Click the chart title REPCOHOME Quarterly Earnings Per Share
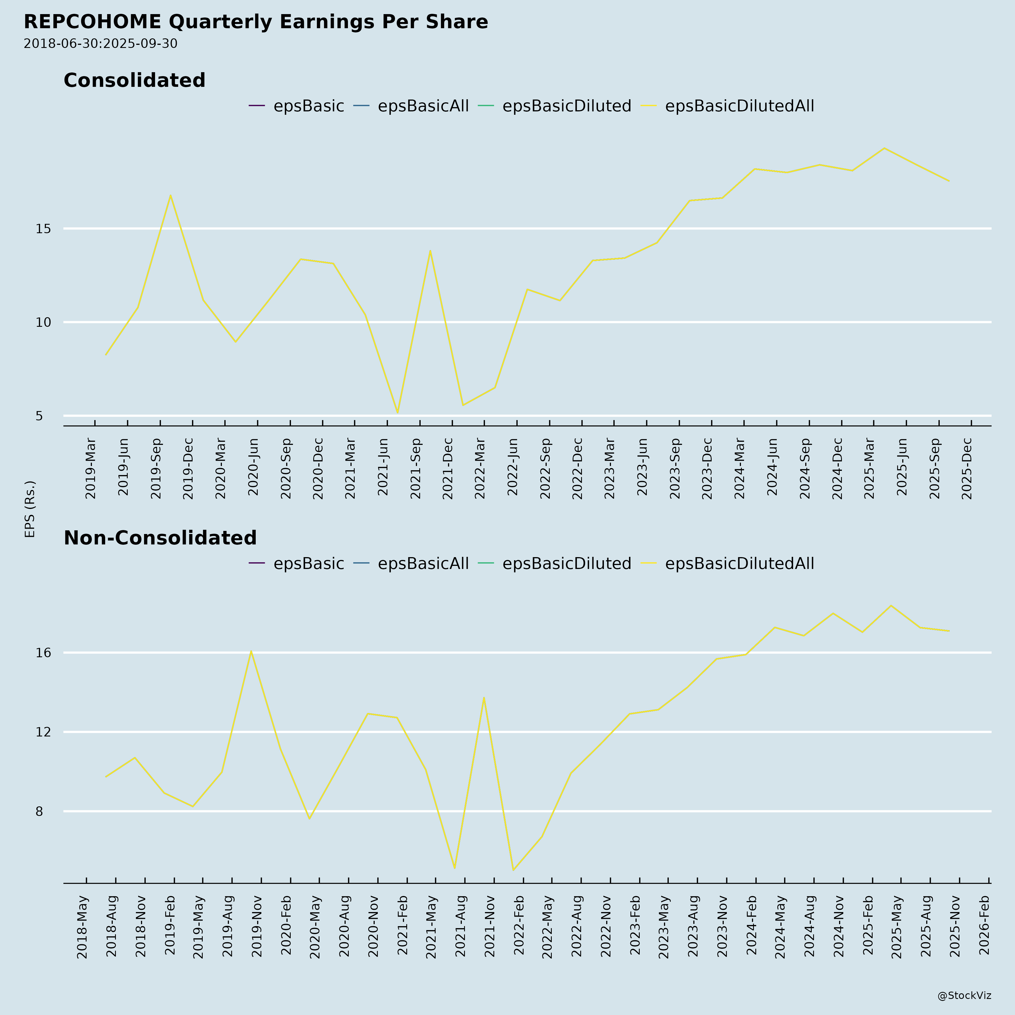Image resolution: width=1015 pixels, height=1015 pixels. click(x=256, y=22)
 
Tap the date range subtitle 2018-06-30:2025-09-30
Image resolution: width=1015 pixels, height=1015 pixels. click(x=100, y=44)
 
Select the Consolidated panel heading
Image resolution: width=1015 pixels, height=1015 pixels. click(x=134, y=80)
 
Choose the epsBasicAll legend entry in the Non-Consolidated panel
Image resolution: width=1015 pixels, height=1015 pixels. click(x=423, y=564)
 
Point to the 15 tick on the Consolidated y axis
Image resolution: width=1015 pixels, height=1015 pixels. click(x=43, y=229)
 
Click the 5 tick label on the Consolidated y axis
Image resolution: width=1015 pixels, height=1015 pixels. click(x=39, y=416)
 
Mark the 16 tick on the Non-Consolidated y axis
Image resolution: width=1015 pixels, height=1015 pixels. click(x=43, y=652)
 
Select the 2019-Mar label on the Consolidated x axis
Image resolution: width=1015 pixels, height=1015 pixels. click(x=90, y=467)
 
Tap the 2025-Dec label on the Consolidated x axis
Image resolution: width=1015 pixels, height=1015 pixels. click(x=967, y=467)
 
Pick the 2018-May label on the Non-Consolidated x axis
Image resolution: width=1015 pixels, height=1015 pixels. click(x=83, y=927)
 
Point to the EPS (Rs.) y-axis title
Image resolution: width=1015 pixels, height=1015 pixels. click(x=30, y=509)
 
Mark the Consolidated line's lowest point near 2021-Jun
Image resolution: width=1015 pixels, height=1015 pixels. click(x=398, y=412)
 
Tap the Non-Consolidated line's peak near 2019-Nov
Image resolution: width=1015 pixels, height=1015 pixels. click(x=251, y=652)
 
